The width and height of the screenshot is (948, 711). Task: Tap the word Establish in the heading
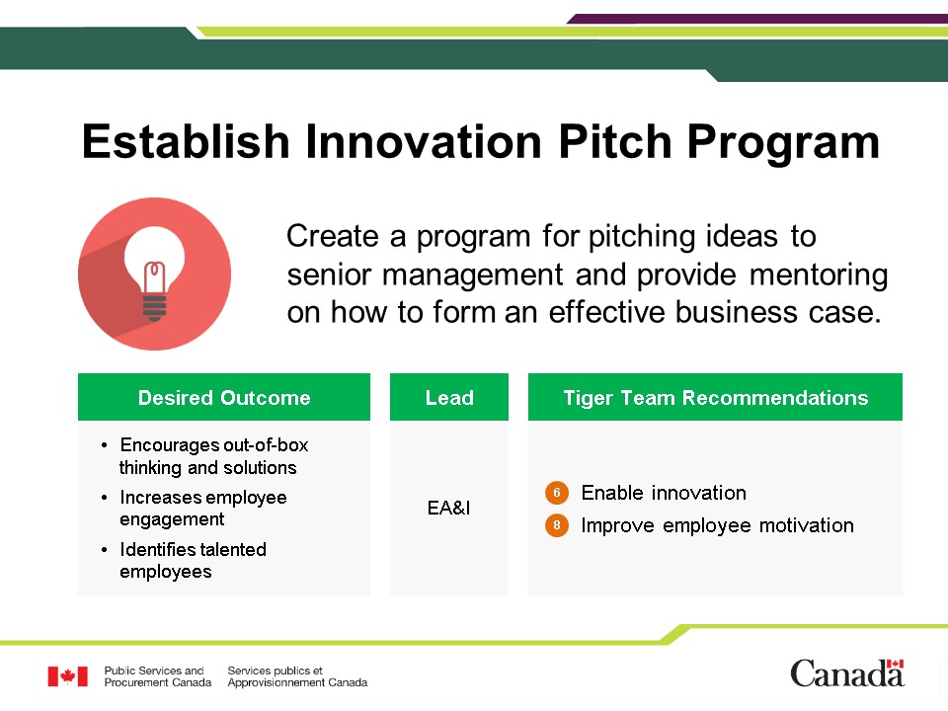pos(187,141)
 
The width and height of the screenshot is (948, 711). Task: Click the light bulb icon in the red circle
pos(155,274)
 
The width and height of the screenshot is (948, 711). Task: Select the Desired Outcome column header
pos(224,397)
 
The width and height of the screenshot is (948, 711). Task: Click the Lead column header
pos(449,397)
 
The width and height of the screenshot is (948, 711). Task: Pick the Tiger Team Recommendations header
pos(715,397)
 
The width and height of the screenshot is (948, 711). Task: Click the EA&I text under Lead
pos(448,508)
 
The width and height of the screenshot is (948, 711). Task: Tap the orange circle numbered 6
pos(557,493)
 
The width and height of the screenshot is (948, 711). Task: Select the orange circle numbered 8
pos(557,525)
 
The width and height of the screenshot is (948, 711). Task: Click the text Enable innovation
pos(664,493)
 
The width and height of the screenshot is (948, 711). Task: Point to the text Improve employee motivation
pos(718,525)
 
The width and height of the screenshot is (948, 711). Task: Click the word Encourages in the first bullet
pos(168,445)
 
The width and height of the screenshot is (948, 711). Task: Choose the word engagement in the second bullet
pos(172,519)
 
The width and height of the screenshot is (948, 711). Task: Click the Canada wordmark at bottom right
pos(847,672)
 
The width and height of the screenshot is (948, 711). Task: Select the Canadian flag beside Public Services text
pos(68,675)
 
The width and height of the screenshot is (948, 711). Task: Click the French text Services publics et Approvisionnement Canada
pos(297,676)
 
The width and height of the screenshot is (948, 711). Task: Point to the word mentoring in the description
pos(819,276)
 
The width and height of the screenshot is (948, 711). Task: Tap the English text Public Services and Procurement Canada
pos(158,676)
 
